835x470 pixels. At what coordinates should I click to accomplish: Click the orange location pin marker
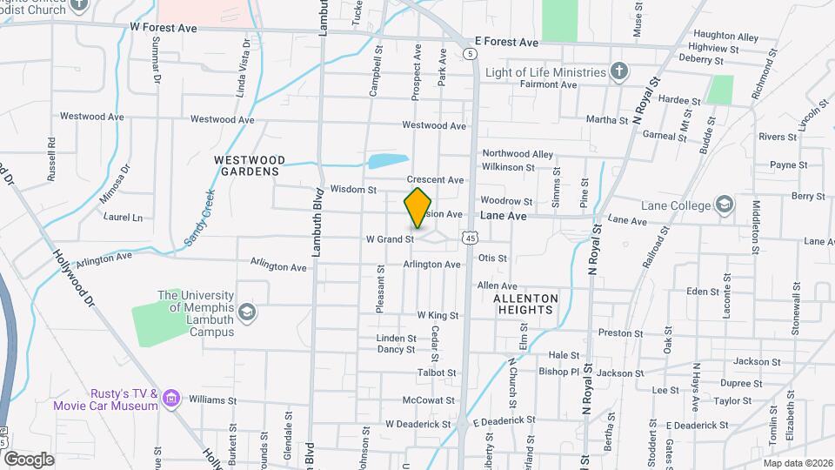tap(418, 208)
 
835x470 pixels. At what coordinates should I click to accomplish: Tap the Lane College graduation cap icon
tap(724, 205)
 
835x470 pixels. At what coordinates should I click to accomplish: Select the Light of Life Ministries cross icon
tap(618, 72)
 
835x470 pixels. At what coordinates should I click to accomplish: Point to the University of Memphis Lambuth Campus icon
tap(247, 312)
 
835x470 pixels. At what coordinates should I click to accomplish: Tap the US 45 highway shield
tap(471, 237)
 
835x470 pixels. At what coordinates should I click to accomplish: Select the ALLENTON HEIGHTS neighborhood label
tap(524, 303)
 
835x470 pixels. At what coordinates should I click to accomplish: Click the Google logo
tap(29, 458)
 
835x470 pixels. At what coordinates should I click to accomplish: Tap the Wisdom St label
tap(353, 189)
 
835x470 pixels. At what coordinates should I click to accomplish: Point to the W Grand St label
tap(389, 238)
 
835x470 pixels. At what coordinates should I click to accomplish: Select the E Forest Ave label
tap(506, 41)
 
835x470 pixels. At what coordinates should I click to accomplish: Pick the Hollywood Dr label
tap(74, 279)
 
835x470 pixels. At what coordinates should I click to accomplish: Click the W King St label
tap(438, 315)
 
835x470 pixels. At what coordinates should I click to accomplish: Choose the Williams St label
tap(212, 401)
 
